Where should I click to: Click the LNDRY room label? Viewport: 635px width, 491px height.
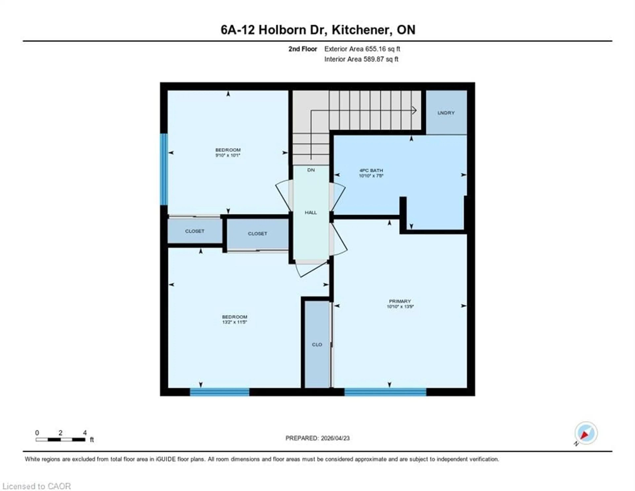446,113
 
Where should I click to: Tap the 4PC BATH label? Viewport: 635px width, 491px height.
371,170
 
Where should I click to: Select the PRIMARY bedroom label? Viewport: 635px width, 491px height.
400,301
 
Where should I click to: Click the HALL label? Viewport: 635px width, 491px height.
311,212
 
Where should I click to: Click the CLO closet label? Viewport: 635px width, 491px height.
317,344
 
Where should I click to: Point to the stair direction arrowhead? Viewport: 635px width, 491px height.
414,110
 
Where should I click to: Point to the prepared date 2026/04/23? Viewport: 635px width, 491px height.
335,438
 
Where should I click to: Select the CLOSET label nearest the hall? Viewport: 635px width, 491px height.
257,234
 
